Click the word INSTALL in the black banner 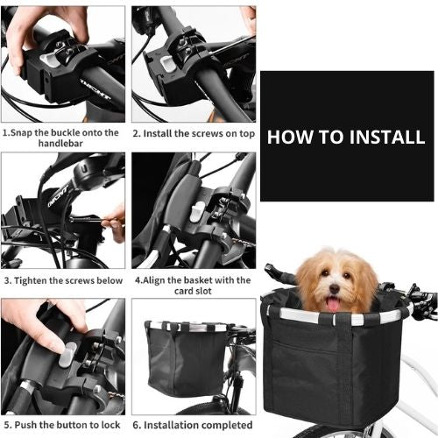tap(387, 137)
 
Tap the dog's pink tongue tap(333, 304)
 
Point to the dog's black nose tap(335, 288)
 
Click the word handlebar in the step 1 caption tap(60, 144)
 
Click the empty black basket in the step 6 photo tap(187, 358)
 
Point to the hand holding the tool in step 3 tap(115, 223)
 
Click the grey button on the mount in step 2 tap(168, 64)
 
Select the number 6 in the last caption tap(136, 425)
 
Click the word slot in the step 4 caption tap(203, 291)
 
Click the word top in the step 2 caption tap(247, 134)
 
